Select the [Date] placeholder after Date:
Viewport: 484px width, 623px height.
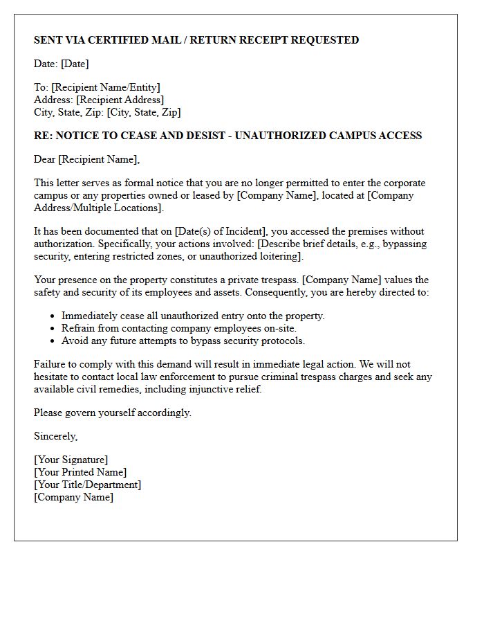pos(75,64)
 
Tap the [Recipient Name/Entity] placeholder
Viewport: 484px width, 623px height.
pos(105,87)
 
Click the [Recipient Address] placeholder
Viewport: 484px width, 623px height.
pos(120,100)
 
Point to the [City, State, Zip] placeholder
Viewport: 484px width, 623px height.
pos(144,112)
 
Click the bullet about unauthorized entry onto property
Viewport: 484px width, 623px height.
pos(193,316)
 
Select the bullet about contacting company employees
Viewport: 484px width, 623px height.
pos(178,328)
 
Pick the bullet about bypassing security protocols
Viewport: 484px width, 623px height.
pos(183,341)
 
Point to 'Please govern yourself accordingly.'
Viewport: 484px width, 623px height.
pos(113,413)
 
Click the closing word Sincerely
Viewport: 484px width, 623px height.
pos(55,436)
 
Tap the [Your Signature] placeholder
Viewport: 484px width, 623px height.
pos(71,460)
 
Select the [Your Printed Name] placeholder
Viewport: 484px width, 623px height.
pos(80,472)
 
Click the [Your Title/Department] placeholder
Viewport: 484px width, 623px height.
pos(87,485)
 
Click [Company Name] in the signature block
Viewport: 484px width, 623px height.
pos(73,497)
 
